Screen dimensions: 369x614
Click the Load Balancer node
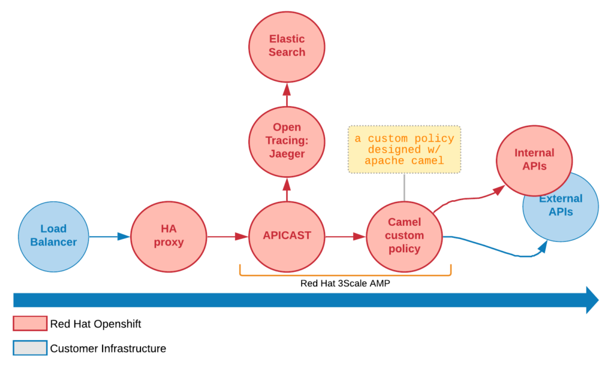(53, 236)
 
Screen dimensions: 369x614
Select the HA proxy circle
(168, 236)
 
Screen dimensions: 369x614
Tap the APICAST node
(287, 236)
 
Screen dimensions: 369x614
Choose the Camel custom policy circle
(404, 236)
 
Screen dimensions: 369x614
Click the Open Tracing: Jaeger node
(287, 141)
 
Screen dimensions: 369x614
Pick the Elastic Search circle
(287, 46)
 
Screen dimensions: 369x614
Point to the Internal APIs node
(534, 159)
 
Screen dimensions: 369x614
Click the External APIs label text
(561, 205)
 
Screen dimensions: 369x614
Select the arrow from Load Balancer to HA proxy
(109, 237)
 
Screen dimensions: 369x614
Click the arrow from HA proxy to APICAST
(227, 237)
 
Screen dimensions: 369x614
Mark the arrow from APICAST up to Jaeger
(287, 189)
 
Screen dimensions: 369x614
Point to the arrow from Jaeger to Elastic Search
(287, 94)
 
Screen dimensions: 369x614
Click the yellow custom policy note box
(404, 149)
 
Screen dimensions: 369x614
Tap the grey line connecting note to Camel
(404, 187)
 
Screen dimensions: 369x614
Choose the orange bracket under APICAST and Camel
(345, 275)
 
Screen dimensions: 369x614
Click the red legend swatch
(30, 323)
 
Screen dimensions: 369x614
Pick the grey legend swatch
(30, 348)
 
